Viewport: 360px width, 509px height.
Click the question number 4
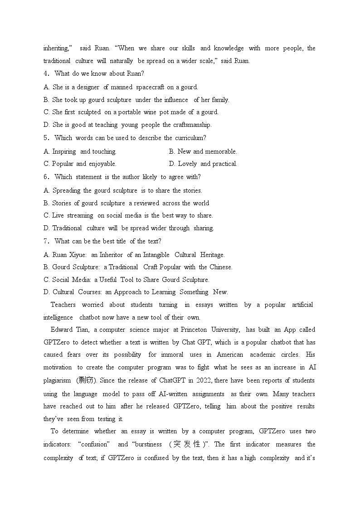click(x=46, y=73)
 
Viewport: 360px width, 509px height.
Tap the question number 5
click(x=46, y=138)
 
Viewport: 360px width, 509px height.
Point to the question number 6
click(x=46, y=177)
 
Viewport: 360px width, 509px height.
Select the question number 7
click(x=46, y=241)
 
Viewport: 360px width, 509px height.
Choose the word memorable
click(x=221, y=151)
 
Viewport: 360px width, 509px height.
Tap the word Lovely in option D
click(x=187, y=164)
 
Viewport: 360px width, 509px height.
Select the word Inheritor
click(x=111, y=255)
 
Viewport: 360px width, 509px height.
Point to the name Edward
click(x=62, y=330)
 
